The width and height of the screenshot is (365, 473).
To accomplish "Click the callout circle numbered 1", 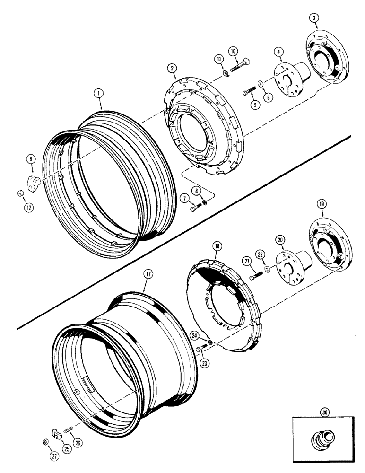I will click(99, 94).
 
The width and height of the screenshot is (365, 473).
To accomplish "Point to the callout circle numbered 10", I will click(234, 51).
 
